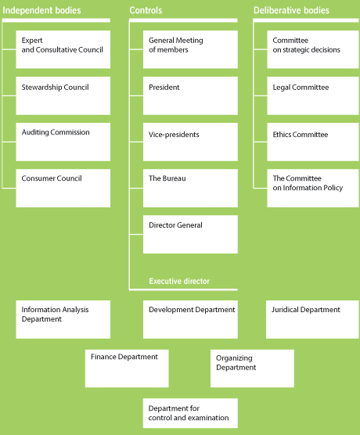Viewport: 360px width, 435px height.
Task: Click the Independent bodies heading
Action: (x=41, y=10)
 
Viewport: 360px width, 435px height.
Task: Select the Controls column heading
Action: (x=146, y=10)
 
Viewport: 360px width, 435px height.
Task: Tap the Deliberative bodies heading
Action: (x=291, y=10)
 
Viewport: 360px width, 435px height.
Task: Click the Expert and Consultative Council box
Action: (x=63, y=49)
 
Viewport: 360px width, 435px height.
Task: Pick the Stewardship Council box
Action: (x=63, y=95)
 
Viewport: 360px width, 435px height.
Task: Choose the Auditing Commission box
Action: (x=63, y=142)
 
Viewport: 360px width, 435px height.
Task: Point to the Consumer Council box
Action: (x=63, y=188)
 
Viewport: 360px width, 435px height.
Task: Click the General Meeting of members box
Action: (x=190, y=49)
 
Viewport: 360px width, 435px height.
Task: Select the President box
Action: (x=190, y=95)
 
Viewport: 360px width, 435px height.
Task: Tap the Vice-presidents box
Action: (x=190, y=142)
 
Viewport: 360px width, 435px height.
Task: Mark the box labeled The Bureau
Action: (x=190, y=188)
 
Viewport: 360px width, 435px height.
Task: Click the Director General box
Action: (x=190, y=235)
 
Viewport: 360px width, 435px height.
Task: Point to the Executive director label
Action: (x=179, y=282)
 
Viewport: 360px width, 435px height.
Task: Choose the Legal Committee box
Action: (x=313, y=95)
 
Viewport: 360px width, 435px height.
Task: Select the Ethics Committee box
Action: (x=313, y=142)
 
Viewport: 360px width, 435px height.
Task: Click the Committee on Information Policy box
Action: (x=313, y=188)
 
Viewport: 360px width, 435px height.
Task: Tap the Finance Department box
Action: (x=127, y=368)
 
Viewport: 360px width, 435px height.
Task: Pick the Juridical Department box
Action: (x=312, y=319)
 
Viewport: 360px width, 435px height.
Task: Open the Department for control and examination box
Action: (x=190, y=413)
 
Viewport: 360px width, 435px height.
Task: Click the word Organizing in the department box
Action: (x=234, y=358)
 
